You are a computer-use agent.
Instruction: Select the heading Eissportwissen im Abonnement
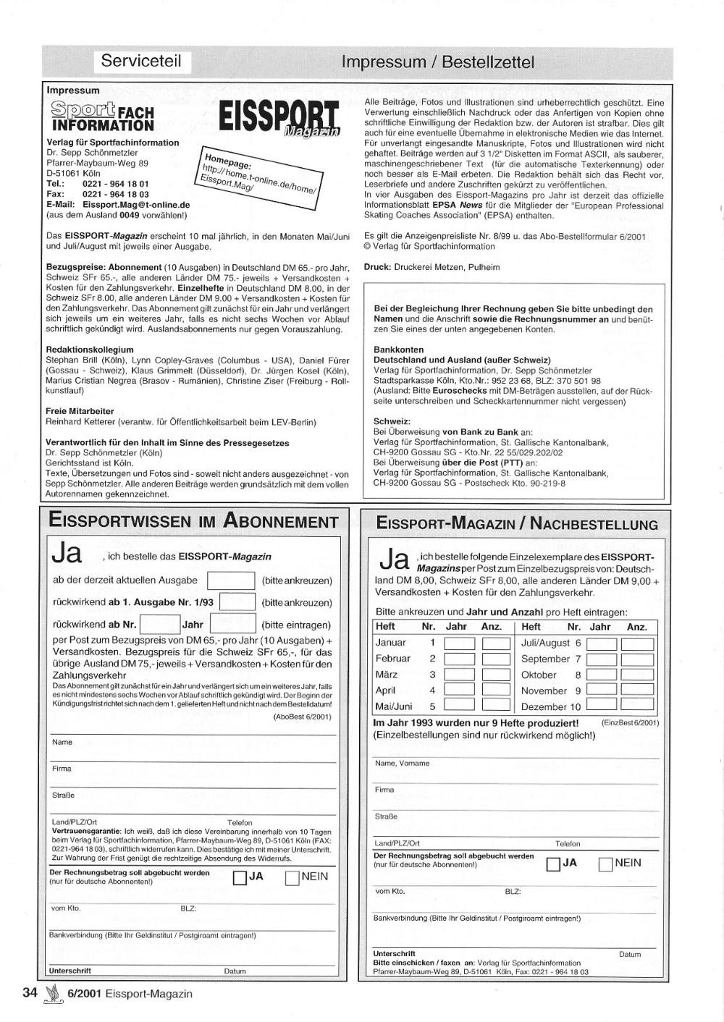(x=193, y=521)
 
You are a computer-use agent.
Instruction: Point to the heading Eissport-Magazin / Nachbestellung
(x=517, y=524)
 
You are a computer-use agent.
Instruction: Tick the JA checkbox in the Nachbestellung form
(x=553, y=864)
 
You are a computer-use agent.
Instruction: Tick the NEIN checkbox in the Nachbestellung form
(x=606, y=864)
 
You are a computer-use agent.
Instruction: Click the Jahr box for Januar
(x=459, y=643)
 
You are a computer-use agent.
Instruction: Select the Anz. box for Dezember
(x=637, y=705)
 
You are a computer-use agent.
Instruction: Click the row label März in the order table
(x=387, y=675)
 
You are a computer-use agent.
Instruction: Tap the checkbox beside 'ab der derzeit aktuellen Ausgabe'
(x=231, y=581)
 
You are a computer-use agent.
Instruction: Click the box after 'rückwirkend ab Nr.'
(x=159, y=624)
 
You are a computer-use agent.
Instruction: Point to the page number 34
(x=30, y=993)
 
